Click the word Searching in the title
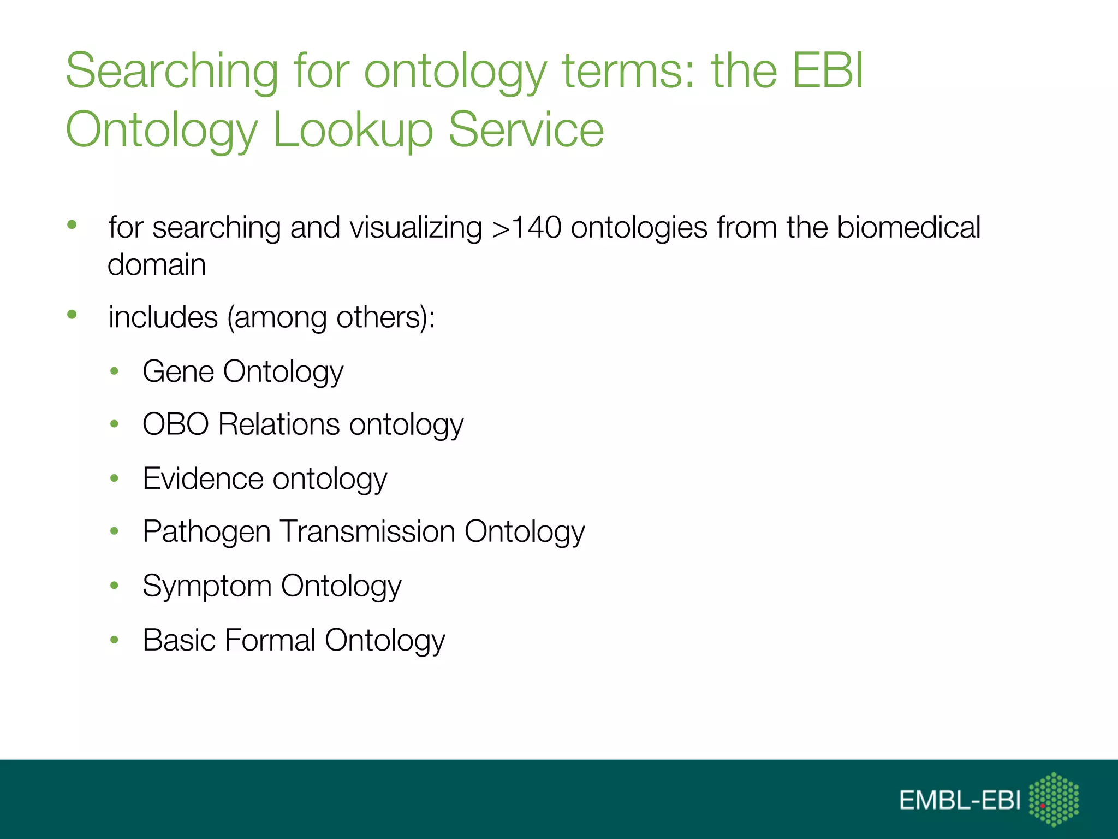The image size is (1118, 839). click(x=172, y=72)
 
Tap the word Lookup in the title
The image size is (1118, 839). click(x=353, y=131)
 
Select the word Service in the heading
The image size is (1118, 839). click(x=526, y=129)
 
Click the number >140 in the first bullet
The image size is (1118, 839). click(x=526, y=228)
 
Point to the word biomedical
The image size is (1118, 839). click(x=908, y=227)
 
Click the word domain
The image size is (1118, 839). click(x=157, y=265)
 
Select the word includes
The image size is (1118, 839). click(x=163, y=317)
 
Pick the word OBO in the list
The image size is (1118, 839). click(x=176, y=424)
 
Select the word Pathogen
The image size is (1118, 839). click(x=206, y=532)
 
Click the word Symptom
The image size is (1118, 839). click(x=207, y=586)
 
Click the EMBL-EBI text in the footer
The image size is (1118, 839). click(x=960, y=800)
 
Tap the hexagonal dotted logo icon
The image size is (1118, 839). click(x=1054, y=799)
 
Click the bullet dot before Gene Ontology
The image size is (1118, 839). click(x=114, y=371)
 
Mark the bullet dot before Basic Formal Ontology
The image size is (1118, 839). click(x=114, y=640)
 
